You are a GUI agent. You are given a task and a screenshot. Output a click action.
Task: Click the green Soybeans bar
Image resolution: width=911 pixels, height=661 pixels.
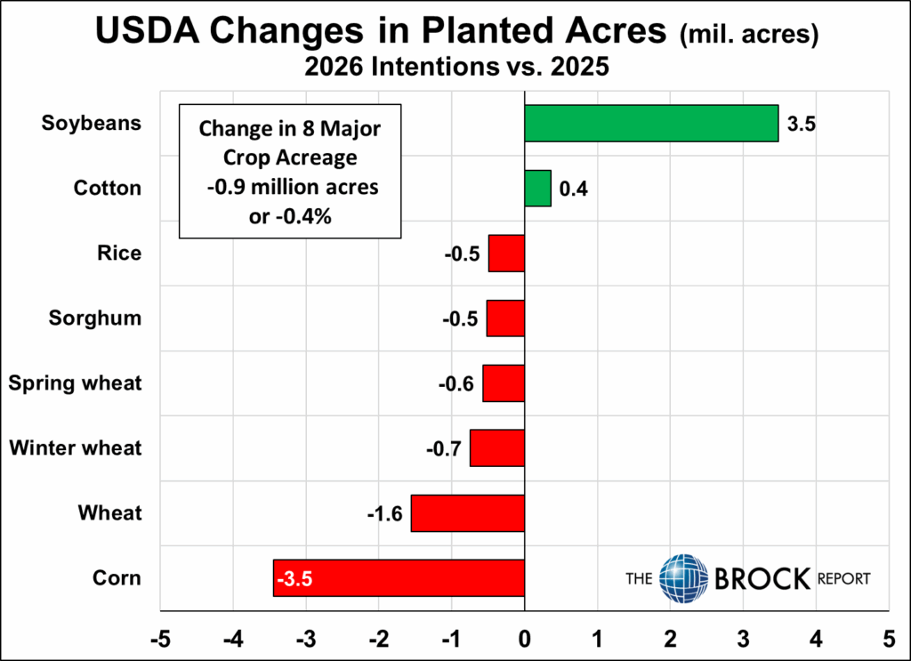point(650,123)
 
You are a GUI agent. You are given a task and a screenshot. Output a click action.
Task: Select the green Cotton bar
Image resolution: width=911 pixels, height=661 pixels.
point(537,188)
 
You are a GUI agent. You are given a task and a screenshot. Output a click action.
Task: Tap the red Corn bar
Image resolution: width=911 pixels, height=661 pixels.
point(399,577)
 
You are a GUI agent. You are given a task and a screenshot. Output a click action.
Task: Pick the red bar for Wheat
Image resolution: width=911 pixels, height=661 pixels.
point(467,513)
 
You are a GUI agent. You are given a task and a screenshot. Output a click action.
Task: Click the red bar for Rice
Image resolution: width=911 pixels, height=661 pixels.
point(506,254)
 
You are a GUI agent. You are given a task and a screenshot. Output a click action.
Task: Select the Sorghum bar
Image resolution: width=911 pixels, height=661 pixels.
point(505,318)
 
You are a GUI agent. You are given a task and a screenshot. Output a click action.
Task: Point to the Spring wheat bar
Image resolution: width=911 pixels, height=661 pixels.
point(504,383)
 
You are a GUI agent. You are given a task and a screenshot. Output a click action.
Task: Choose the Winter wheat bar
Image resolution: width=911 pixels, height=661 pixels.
point(497,447)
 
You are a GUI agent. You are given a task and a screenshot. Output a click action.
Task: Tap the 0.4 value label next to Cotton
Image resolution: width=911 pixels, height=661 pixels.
point(572,189)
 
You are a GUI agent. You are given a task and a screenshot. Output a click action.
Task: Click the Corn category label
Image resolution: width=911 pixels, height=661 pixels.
point(117,577)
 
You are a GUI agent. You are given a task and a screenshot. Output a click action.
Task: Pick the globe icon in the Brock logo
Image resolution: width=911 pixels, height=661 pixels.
point(683,577)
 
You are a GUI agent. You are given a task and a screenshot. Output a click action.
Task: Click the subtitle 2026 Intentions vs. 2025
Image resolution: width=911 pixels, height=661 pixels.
point(455,69)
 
